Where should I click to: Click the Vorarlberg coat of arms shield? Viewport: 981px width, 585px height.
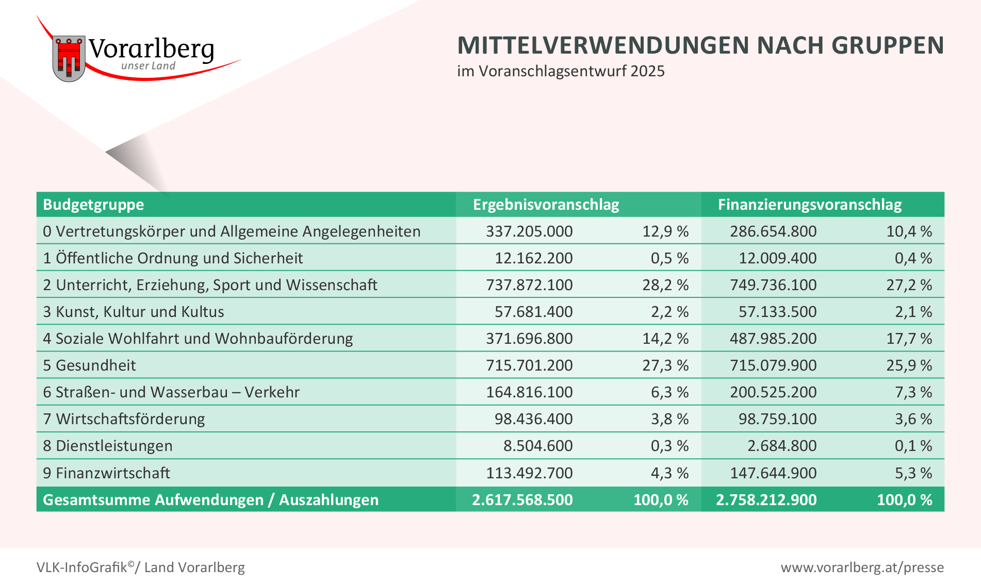[69, 58]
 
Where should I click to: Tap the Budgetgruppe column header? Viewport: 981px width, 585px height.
[93, 205]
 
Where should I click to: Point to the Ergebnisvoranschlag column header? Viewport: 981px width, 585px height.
[546, 205]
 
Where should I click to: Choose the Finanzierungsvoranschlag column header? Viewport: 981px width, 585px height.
[809, 205]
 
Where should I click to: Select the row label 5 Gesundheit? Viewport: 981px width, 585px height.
[89, 365]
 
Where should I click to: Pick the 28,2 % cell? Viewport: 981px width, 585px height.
[665, 285]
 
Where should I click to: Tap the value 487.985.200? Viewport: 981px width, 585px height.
[773, 339]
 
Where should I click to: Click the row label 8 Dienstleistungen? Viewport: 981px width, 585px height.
[107, 446]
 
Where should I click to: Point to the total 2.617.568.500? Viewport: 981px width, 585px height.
[522, 499]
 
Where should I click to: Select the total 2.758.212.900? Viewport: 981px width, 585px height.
[766, 499]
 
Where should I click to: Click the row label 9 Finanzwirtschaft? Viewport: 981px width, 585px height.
[106, 473]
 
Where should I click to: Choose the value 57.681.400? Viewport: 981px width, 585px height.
[533, 312]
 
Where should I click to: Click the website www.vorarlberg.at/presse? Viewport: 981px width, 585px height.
[862, 567]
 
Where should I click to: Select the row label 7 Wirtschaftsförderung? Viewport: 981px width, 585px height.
[124, 419]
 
